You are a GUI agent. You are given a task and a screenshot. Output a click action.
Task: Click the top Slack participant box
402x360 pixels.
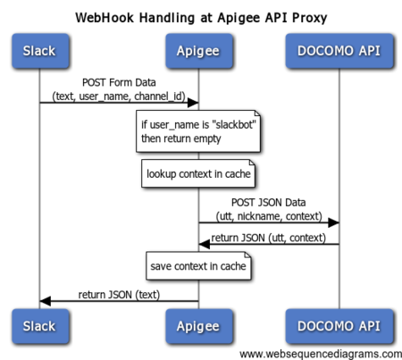[x=40, y=51]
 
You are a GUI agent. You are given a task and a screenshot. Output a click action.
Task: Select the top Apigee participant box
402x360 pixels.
[x=199, y=51]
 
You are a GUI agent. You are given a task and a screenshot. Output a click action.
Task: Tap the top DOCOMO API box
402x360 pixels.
[x=339, y=51]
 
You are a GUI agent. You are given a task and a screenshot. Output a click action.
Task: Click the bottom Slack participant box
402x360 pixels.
[x=40, y=326]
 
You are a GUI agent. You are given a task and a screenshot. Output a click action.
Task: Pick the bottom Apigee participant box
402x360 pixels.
[x=199, y=326]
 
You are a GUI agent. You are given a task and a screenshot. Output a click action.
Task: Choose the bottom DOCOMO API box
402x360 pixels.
[x=339, y=326]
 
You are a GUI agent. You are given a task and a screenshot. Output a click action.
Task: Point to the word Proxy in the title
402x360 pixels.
[x=309, y=18]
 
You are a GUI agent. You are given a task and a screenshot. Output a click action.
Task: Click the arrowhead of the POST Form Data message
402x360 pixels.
[x=193, y=103]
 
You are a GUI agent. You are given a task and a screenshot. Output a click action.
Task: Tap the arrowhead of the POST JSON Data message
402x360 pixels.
[x=333, y=222]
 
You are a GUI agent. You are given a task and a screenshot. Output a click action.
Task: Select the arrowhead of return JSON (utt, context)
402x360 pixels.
[x=205, y=245]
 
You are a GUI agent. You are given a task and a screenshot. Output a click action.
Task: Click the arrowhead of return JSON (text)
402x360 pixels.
[x=46, y=301]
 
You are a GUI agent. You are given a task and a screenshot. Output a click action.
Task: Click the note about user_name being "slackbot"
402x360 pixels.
[x=198, y=131]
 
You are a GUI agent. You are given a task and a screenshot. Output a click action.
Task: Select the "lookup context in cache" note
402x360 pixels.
[x=198, y=173]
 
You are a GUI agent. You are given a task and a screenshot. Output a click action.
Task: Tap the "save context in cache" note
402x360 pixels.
[x=198, y=266]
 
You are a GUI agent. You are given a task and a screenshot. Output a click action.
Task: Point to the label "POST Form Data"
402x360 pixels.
[x=119, y=82]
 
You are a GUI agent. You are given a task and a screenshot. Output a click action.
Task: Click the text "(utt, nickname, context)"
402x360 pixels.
[x=269, y=216]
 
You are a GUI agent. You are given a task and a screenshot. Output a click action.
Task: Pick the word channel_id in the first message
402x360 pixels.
[x=158, y=96]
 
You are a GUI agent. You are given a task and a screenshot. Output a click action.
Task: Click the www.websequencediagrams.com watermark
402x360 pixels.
[x=321, y=354]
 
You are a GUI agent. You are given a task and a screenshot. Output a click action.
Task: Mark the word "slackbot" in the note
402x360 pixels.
[x=235, y=124]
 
